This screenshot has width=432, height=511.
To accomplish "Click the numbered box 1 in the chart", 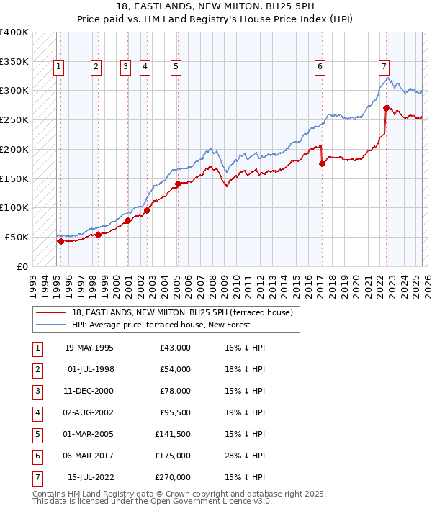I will click(58, 67).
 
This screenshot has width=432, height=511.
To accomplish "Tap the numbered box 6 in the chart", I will click(320, 67).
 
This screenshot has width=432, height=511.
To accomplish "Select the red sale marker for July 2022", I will click(387, 109).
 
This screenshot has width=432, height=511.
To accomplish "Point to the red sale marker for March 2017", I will click(322, 163).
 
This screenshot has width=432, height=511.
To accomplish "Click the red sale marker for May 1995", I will click(60, 241).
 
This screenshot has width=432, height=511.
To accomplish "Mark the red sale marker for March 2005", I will click(177, 184).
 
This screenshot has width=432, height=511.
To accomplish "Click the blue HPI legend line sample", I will click(50, 325).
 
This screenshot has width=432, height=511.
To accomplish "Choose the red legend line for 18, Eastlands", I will click(50, 313).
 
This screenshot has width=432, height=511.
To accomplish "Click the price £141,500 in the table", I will click(172, 434).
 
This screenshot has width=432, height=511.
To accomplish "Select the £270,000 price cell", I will click(172, 477).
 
